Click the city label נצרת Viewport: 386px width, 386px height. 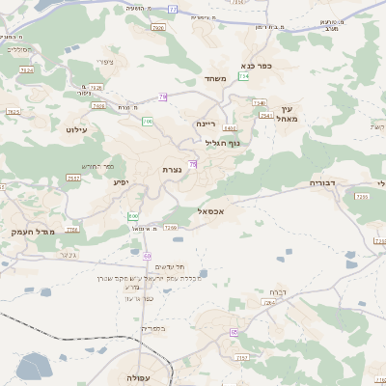(x=173, y=170)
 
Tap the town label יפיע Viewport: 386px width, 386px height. (x=121, y=181)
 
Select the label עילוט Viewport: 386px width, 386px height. (x=76, y=128)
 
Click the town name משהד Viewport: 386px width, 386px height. (x=214, y=79)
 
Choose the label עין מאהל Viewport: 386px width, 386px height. (x=292, y=113)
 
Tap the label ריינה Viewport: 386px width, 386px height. (x=207, y=124)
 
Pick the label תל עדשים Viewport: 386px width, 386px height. (x=170, y=266)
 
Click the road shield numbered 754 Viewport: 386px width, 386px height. (x=244, y=75)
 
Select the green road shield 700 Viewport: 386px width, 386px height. (x=148, y=123)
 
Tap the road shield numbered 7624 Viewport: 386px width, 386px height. (x=27, y=70)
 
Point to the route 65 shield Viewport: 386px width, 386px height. (x=234, y=332)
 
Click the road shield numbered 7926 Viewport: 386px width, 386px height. (x=158, y=28)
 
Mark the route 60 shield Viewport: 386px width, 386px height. (x=148, y=255)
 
